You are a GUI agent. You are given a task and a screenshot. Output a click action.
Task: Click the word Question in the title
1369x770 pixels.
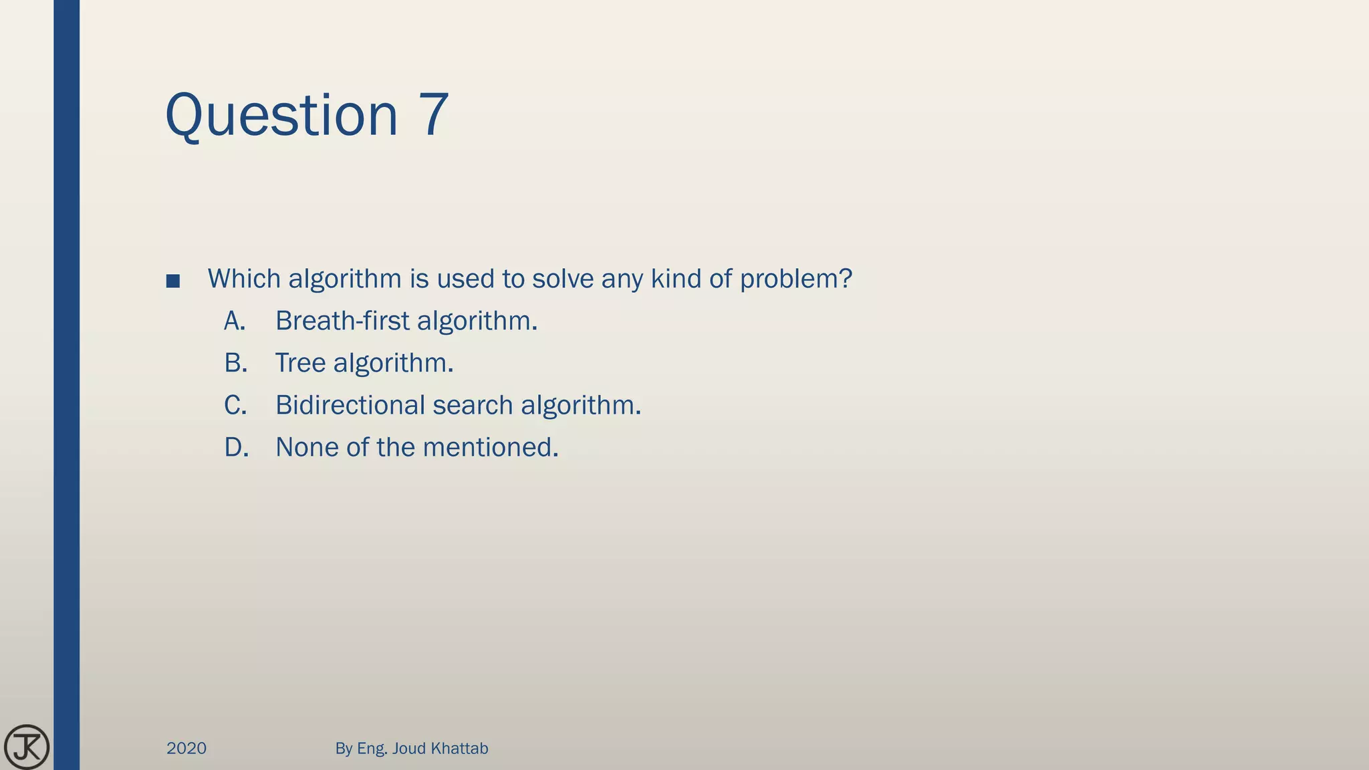pos(281,115)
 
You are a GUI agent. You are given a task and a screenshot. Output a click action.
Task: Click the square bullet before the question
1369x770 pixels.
pos(173,281)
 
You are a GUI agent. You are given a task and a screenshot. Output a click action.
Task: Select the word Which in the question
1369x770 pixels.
pos(244,279)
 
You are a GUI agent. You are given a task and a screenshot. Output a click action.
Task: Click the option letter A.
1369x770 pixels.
pos(235,322)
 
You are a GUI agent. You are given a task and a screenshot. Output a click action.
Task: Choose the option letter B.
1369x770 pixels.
pos(235,364)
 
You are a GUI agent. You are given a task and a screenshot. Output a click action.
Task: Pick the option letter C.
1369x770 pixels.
pos(235,406)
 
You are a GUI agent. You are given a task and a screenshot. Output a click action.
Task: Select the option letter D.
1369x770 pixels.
pos(236,448)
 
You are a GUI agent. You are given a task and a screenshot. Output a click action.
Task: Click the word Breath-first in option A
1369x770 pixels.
pos(342,322)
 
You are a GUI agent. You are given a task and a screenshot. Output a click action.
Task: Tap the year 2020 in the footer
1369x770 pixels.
pos(186,749)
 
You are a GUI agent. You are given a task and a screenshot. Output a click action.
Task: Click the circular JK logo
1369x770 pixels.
pos(27,747)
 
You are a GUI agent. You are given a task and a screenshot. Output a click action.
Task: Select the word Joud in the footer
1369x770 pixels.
pos(408,749)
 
